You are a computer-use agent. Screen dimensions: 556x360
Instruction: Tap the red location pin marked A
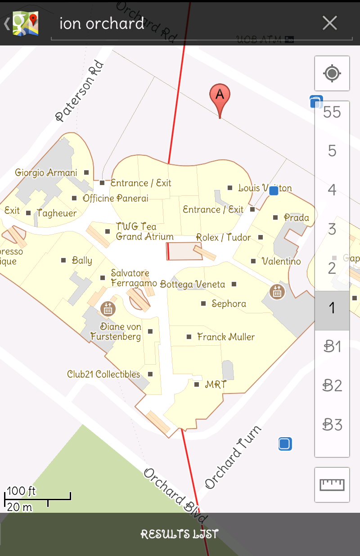pyautogui.click(x=220, y=96)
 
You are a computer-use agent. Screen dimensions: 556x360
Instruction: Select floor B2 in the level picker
pyautogui.click(x=332, y=385)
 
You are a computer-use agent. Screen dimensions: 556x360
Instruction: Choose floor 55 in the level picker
pyautogui.click(x=332, y=112)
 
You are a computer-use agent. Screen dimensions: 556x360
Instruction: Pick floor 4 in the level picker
pyautogui.click(x=332, y=190)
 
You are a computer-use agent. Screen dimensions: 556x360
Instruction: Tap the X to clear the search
pyautogui.click(x=330, y=23)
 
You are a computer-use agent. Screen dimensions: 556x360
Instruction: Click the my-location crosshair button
pyautogui.click(x=332, y=73)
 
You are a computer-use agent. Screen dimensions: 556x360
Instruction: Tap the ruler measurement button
pyautogui.click(x=332, y=484)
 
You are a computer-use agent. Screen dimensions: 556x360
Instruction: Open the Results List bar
pyautogui.click(x=180, y=534)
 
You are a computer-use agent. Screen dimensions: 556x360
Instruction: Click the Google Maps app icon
pyautogui.click(x=25, y=23)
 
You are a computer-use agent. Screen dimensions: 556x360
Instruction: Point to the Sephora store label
pyautogui.click(x=229, y=304)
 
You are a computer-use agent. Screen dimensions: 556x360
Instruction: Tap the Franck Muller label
pyautogui.click(x=226, y=337)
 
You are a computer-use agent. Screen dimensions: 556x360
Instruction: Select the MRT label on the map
pyautogui.click(x=215, y=385)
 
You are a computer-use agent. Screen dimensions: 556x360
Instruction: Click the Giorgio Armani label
pyautogui.click(x=46, y=172)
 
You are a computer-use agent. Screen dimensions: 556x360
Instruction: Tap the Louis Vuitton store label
pyautogui.click(x=265, y=188)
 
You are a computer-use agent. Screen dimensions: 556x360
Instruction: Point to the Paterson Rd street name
pyautogui.click(x=80, y=91)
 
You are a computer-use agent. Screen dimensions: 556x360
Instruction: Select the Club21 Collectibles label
pyautogui.click(x=103, y=374)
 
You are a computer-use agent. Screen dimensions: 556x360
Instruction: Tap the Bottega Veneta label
pyautogui.click(x=193, y=284)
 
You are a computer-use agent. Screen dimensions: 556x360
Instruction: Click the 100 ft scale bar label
pyautogui.click(x=21, y=490)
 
